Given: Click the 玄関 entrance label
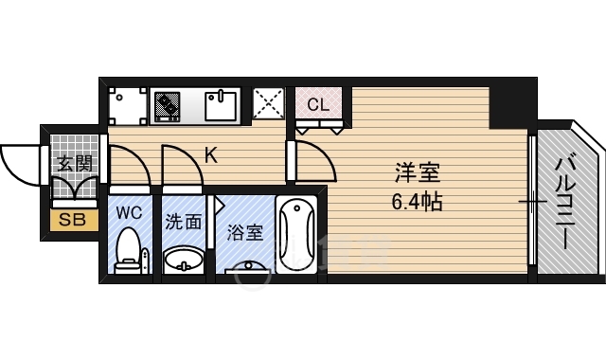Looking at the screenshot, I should pyautogui.click(x=74, y=163).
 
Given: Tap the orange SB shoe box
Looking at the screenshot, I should pyautogui.click(x=70, y=222).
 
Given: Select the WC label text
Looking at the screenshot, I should pyautogui.click(x=129, y=212).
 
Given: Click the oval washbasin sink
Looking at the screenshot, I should pyautogui.click(x=183, y=259).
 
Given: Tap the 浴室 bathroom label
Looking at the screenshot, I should pyautogui.click(x=245, y=232).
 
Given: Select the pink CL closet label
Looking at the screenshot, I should pyautogui.click(x=318, y=104).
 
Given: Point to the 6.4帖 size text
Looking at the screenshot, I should pyautogui.click(x=418, y=201).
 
